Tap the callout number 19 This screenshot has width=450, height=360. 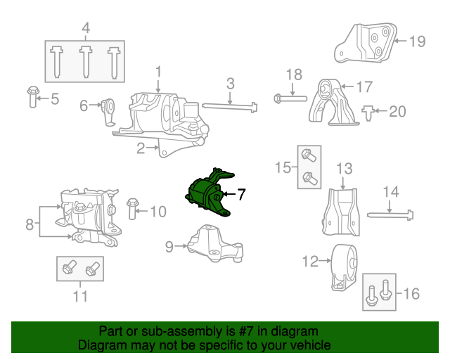coord(417,41)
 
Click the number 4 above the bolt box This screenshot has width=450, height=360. coord(86,29)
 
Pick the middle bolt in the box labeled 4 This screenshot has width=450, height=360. coord(86,61)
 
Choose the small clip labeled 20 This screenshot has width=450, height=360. coord(368,112)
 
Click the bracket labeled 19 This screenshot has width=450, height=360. coord(366,44)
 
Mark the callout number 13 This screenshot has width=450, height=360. coord(344,169)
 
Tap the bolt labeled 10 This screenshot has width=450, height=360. coord(131,210)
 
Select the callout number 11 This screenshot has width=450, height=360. coord(80,296)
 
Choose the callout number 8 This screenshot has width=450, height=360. coord(30,225)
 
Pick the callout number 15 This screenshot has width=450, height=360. coord(283,167)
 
